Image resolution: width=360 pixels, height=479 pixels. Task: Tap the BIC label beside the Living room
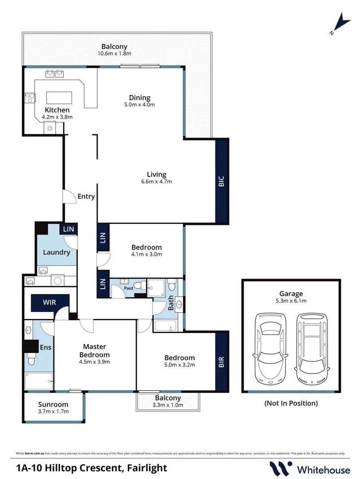coord(222,181)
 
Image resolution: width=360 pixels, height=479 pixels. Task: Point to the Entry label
coord(86,196)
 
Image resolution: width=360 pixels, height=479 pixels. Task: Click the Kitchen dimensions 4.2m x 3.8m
coord(57,117)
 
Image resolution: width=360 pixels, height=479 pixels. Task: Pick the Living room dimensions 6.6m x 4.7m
coord(156,181)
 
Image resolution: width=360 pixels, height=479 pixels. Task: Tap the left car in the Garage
coord(269,348)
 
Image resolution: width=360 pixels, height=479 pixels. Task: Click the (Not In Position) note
coord(291,403)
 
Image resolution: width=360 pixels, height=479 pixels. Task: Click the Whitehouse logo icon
coord(281,468)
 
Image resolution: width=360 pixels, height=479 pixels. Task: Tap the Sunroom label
coord(53,404)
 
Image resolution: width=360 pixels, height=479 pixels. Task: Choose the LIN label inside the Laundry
coord(69,229)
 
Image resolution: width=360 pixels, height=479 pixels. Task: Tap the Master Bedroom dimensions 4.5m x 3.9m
coord(95,361)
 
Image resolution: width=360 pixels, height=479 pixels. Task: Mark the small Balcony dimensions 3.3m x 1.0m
coord(168,405)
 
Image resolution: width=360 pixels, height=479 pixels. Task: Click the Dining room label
coord(139,98)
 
